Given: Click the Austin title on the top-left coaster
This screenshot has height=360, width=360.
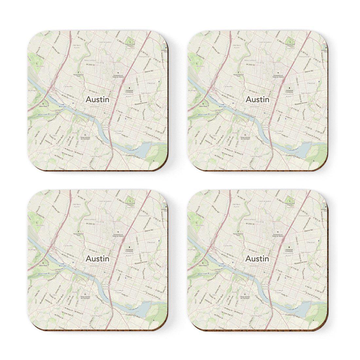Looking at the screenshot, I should point(98,99).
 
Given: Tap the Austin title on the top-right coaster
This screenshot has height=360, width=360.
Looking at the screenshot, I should point(258,99).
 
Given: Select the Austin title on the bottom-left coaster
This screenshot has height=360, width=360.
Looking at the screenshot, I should point(98,259).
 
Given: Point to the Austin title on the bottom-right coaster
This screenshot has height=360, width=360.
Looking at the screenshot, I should point(257,259).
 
